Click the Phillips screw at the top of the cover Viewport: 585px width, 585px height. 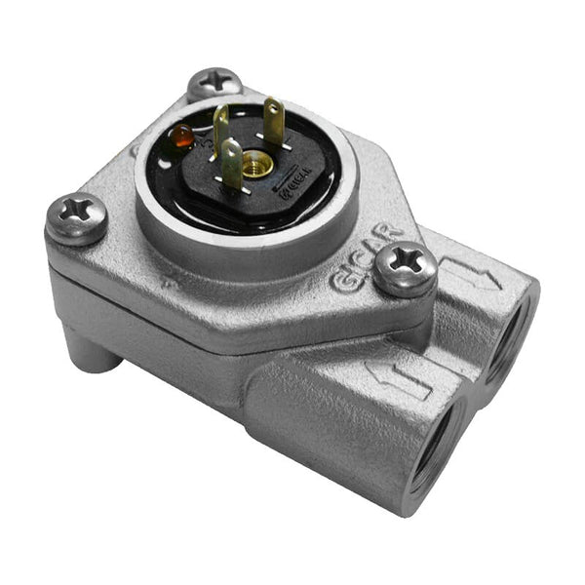214,84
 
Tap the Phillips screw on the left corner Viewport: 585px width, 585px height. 76,216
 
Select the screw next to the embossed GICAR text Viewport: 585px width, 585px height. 405,266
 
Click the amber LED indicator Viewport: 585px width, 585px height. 181,136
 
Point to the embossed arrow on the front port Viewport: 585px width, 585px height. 403,375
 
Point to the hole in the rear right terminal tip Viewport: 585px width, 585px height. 275,109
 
